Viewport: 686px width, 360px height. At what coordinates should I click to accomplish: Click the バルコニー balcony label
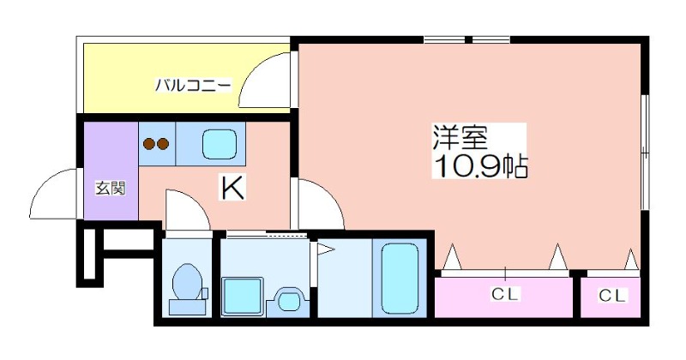point(193,85)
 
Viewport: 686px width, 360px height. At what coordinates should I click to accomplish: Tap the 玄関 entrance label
point(111,189)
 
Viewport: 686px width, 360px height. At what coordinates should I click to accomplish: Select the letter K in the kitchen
point(232,188)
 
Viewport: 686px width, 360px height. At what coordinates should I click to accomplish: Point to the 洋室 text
point(460,137)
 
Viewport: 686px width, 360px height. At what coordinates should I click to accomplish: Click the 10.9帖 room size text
point(480,165)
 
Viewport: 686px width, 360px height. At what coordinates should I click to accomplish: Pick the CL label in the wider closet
point(504,294)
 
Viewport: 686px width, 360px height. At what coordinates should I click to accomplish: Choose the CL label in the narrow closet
point(612,296)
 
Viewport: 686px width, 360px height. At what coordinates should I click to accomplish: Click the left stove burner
point(150,143)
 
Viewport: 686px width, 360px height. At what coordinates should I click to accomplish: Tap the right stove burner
point(163,143)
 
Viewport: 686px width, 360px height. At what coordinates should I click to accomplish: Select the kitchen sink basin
point(220,145)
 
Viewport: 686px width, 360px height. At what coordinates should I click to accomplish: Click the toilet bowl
point(187,281)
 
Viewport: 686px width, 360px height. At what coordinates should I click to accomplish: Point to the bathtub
point(400,279)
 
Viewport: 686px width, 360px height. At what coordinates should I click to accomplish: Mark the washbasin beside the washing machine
point(288,301)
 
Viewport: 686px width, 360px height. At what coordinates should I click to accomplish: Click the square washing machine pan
point(242,296)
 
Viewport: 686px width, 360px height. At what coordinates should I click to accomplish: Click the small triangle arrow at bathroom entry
point(326,249)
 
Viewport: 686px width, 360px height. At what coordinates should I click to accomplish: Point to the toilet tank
point(187,307)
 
